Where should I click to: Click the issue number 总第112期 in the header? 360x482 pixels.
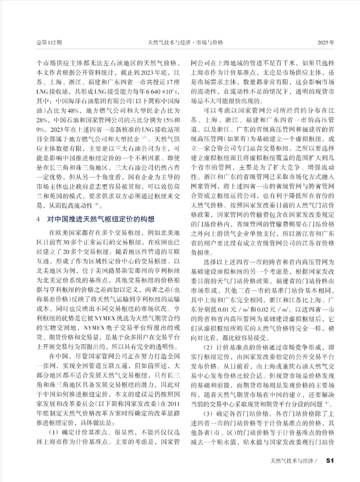tap(48, 42)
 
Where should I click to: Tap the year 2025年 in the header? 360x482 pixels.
tap(326, 42)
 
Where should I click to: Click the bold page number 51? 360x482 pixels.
tap(329, 460)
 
